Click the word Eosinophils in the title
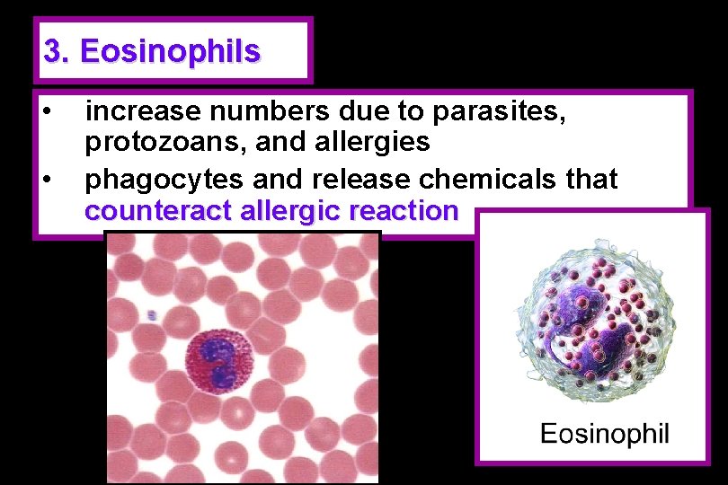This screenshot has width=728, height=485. point(171,51)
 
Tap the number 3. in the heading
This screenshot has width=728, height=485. point(57,51)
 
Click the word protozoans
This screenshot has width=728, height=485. point(158,142)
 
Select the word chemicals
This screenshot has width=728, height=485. point(499,179)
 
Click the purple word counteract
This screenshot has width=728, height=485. point(159,212)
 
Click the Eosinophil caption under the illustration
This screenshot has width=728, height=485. point(604,435)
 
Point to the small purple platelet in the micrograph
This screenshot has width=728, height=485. point(153,315)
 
